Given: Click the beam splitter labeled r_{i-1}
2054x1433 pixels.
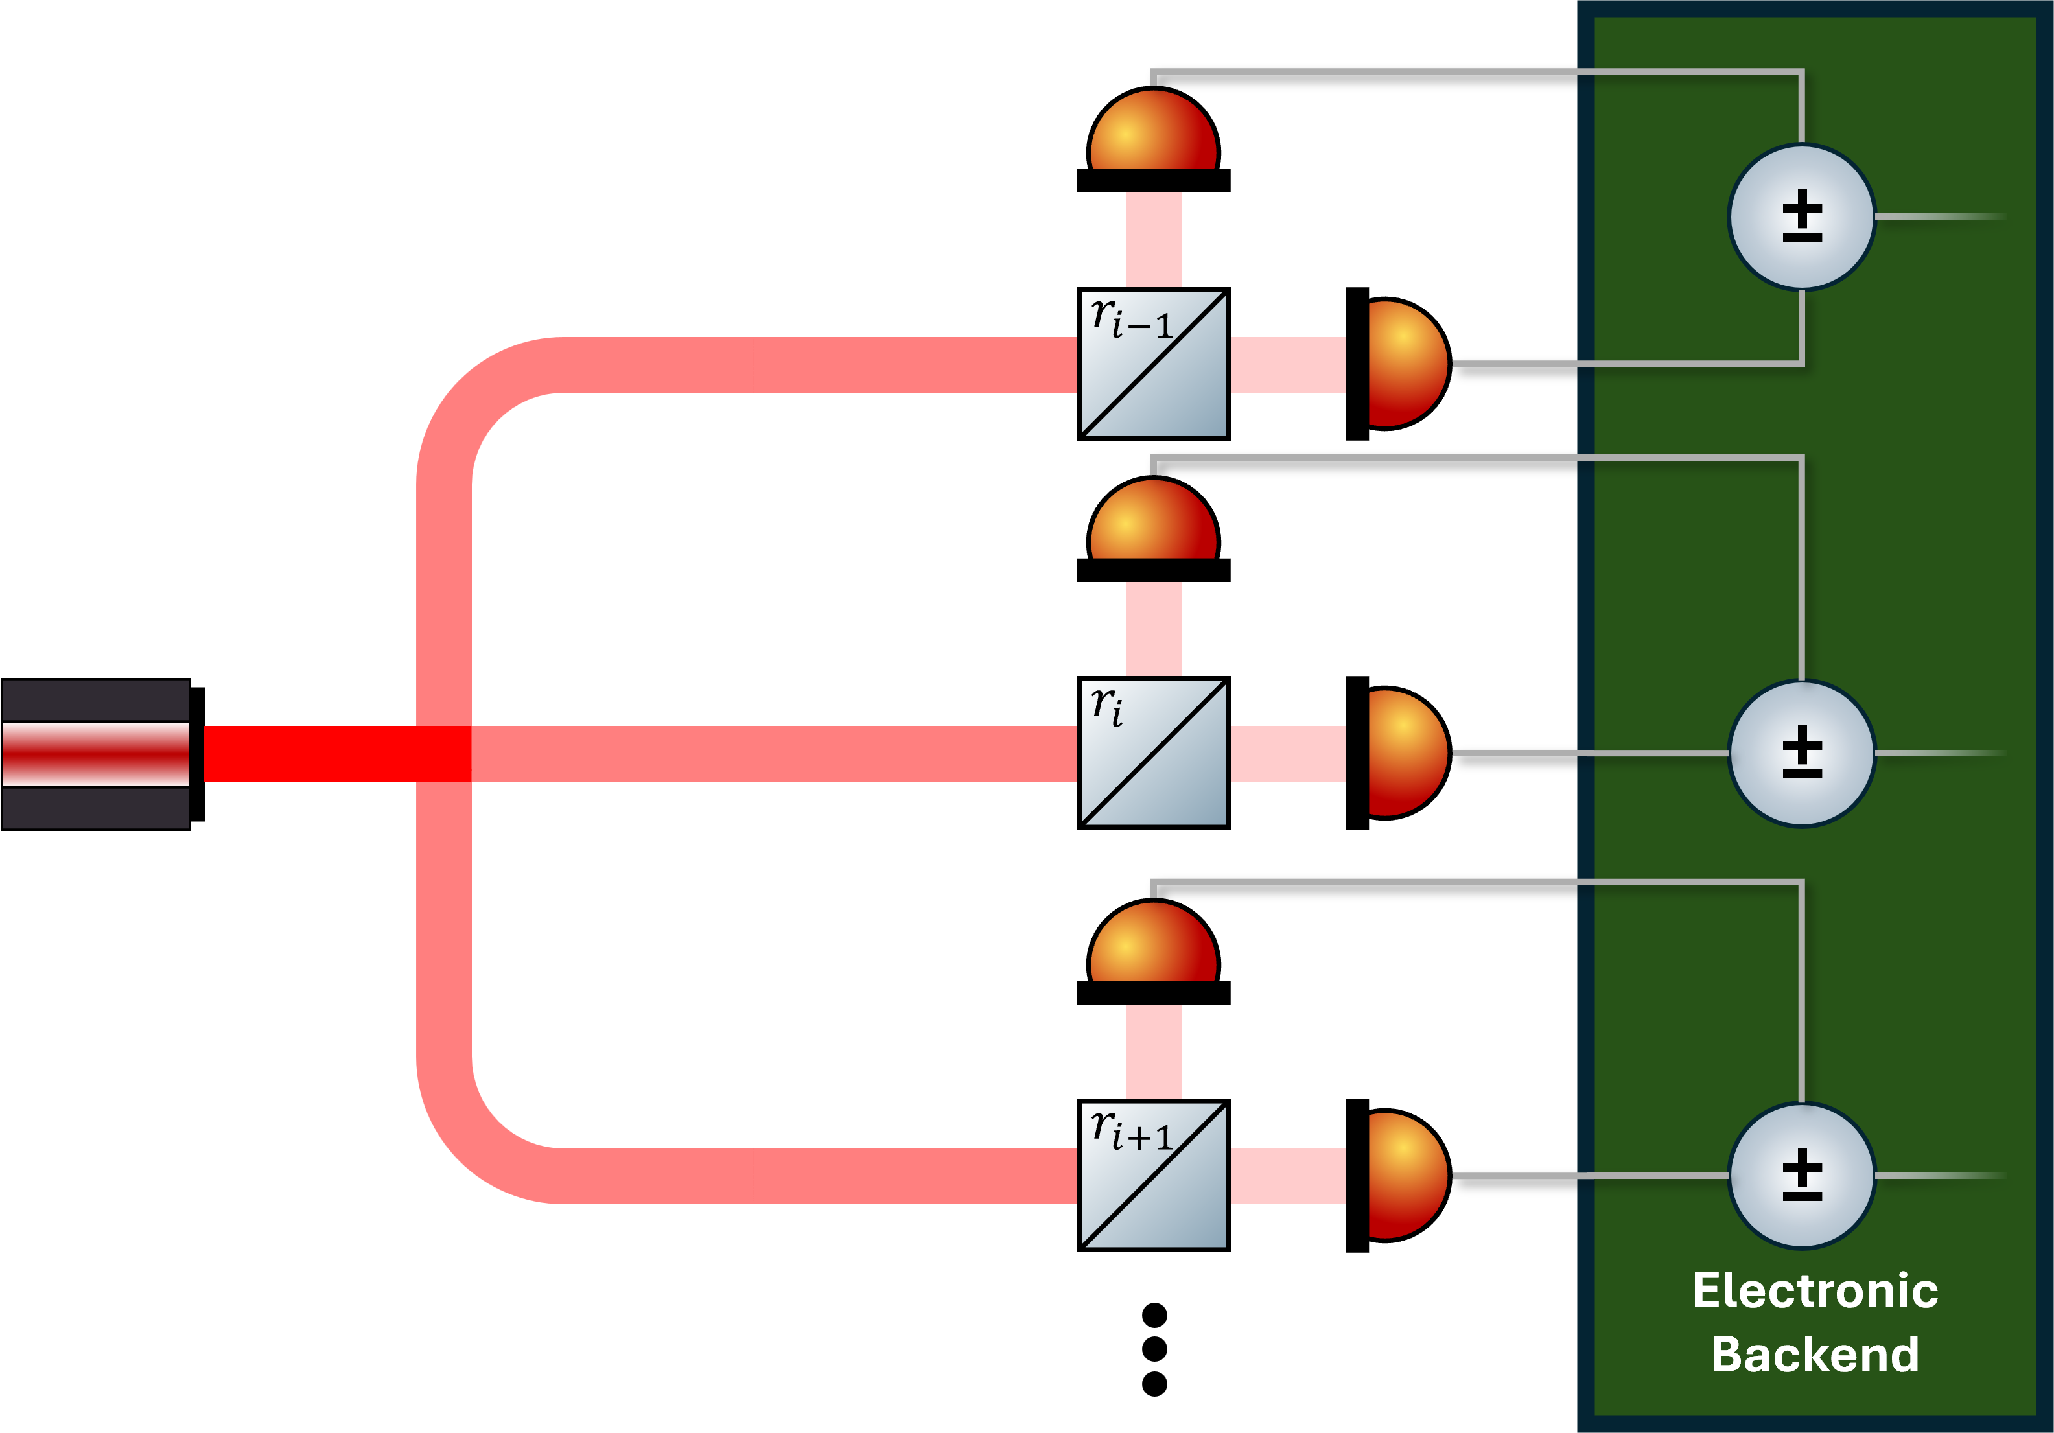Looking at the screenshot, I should [x=1153, y=364].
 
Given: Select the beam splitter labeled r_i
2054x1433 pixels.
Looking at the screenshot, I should [x=1153, y=753].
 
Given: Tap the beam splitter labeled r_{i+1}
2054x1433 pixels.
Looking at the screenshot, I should [x=1153, y=1176].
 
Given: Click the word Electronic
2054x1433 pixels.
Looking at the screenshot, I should [x=1815, y=1291].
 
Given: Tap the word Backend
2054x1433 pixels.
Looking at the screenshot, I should [x=1815, y=1355].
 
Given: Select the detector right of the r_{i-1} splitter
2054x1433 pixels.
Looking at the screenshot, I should [x=1405, y=364].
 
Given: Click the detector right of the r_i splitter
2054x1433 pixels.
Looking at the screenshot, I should [x=1405, y=753].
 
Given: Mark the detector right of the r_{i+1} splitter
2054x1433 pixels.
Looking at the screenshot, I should [x=1405, y=1176].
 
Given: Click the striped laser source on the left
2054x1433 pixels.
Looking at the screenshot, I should [x=96, y=754].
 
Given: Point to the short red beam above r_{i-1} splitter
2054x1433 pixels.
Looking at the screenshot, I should [x=1153, y=240].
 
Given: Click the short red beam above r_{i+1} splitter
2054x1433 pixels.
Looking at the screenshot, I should [x=1153, y=1051].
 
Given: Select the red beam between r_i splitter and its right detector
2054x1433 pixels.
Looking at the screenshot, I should [x=1287, y=754].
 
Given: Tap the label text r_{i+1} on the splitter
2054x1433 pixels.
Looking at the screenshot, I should [x=1131, y=1131].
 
